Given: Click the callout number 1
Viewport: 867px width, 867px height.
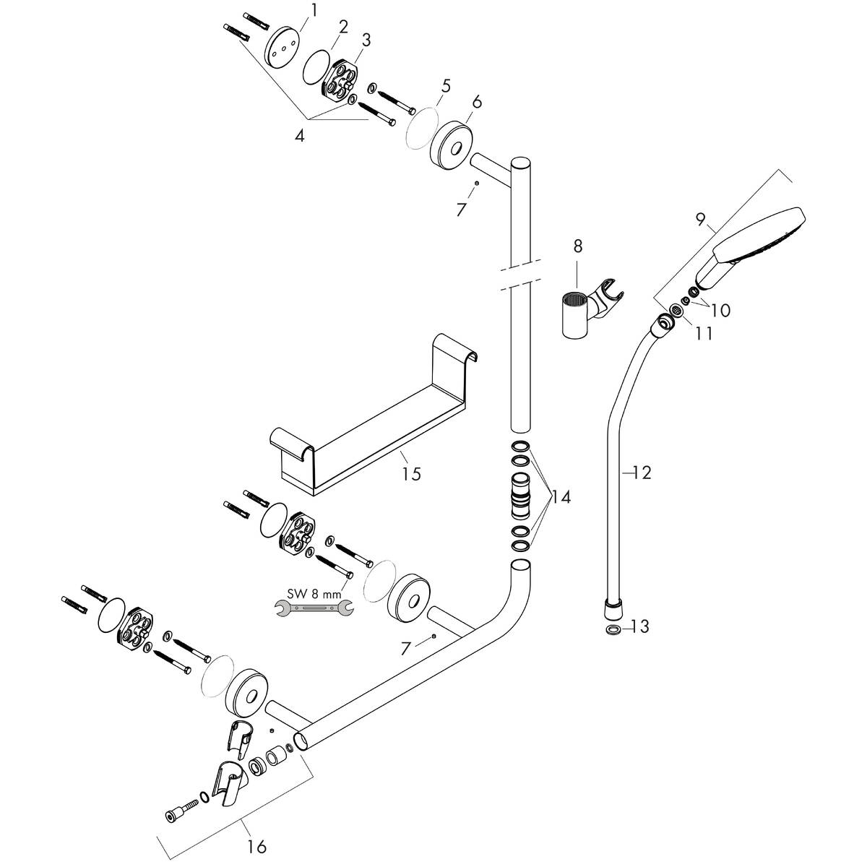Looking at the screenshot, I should (x=314, y=9).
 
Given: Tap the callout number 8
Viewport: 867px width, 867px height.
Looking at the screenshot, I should (x=577, y=246).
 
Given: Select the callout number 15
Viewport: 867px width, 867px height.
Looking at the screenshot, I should (x=412, y=474).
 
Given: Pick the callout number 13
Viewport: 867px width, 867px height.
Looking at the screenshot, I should (x=640, y=626).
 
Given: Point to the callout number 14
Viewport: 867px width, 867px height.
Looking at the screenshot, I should (x=561, y=497).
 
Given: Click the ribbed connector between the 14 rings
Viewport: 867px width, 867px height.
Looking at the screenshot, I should (x=520, y=496).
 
